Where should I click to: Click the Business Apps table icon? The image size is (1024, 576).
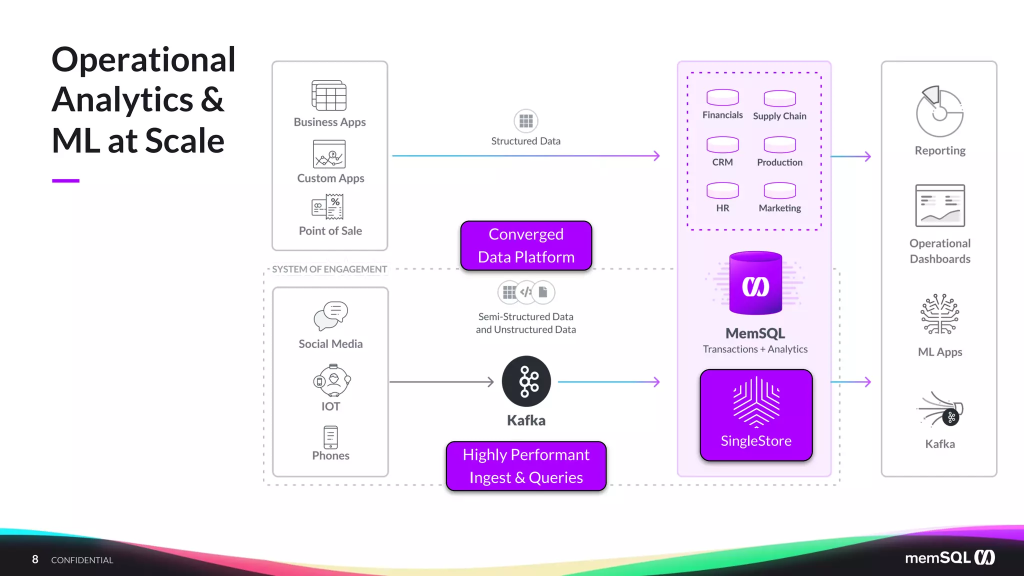coord(329,95)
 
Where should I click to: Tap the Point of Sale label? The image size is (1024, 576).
coord(330,231)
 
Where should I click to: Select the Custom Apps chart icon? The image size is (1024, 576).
coord(329,154)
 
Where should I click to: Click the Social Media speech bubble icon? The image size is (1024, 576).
coord(330,315)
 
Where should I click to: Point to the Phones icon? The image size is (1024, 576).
coord(330,437)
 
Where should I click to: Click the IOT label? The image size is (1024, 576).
coord(330,406)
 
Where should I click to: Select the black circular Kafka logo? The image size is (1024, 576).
coord(526,381)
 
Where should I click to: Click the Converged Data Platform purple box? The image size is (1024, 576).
coord(526,245)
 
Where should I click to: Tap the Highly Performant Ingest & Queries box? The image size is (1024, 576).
coord(526,466)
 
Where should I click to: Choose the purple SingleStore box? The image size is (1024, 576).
coord(756,415)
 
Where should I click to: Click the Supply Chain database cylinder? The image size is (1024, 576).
coord(779,98)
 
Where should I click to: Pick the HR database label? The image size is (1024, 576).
coord(722,208)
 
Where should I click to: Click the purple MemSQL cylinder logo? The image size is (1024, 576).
coord(755,283)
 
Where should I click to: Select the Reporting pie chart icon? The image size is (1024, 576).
coord(939,112)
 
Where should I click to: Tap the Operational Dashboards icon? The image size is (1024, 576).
coord(940,205)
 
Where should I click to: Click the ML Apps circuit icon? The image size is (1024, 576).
coord(940,314)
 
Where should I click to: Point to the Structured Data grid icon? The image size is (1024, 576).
coord(526,121)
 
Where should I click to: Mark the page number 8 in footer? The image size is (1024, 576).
coord(35,559)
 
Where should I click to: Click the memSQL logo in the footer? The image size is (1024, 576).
coord(950,557)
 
